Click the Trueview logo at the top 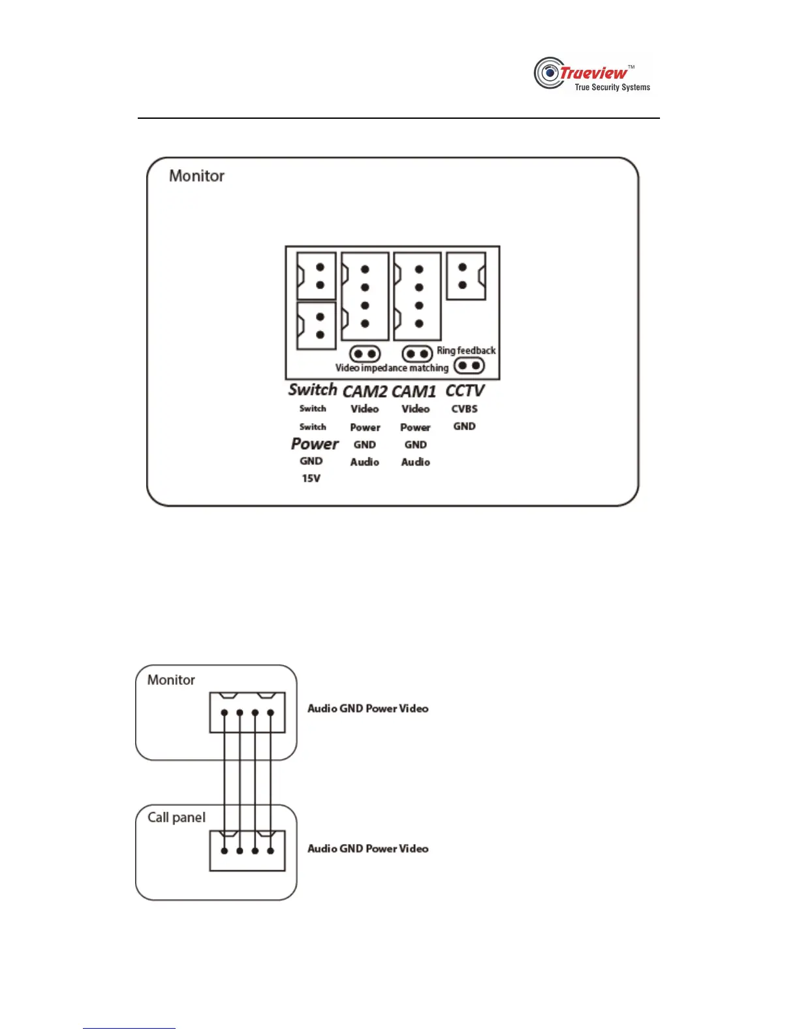click(592, 74)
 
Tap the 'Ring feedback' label click(466, 351)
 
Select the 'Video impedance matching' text click(392, 368)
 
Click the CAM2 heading click(365, 391)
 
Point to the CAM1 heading click(414, 391)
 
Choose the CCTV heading click(465, 390)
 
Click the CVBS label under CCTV click(464, 409)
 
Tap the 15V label click(311, 478)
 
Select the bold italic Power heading click(315, 444)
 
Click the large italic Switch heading click(313, 390)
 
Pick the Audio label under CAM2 click(364, 462)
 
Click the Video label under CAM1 click(415, 409)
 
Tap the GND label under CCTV click(464, 426)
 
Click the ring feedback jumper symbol click(469, 366)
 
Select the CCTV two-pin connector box click(466, 276)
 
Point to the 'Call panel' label click(176, 817)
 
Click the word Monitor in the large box click(196, 176)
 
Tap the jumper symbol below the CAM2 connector click(365, 354)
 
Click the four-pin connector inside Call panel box click(247, 851)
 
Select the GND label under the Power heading click(311, 461)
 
